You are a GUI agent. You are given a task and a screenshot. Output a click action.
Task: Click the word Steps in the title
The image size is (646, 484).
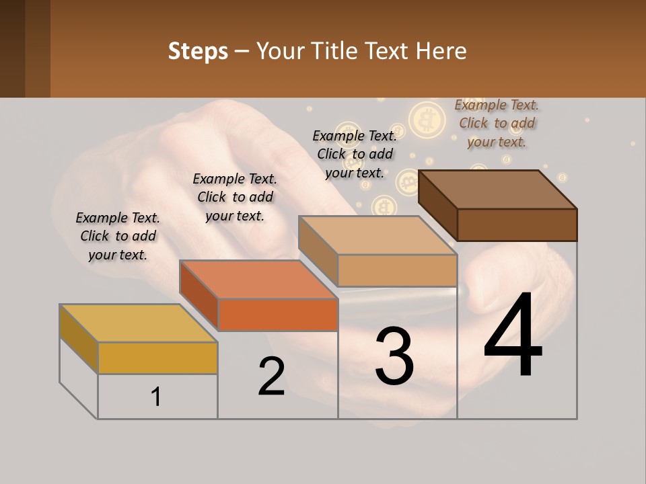(x=198, y=52)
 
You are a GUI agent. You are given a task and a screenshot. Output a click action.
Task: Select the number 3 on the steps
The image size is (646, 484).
(x=394, y=356)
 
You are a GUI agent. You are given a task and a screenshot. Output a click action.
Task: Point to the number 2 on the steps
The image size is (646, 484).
(x=271, y=376)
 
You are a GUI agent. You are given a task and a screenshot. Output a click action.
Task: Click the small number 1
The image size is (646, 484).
(x=156, y=397)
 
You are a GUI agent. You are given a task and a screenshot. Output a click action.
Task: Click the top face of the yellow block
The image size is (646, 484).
(x=138, y=323)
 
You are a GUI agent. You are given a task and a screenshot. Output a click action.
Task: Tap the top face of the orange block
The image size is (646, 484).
(x=258, y=280)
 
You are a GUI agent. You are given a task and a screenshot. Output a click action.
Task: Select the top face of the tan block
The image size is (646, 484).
(x=378, y=235)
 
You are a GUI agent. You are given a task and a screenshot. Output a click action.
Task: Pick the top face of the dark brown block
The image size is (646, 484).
(x=498, y=190)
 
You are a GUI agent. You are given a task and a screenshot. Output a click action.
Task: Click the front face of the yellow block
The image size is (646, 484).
(x=157, y=358)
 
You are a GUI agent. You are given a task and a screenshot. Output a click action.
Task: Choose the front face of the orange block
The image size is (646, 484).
(x=278, y=315)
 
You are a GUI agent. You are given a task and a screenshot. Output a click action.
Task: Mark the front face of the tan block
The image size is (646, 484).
(x=397, y=270)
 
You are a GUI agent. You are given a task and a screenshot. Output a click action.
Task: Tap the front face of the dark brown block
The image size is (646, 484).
(x=517, y=225)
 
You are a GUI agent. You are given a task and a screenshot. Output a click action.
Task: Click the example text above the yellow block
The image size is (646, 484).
(x=118, y=236)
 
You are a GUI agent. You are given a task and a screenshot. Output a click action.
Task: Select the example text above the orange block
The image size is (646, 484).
(x=235, y=197)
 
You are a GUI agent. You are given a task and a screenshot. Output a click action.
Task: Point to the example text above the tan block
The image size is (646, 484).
(x=355, y=154)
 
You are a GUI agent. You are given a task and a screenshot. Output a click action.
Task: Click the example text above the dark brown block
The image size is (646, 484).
(x=497, y=123)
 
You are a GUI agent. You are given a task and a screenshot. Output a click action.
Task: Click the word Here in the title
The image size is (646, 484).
(x=441, y=52)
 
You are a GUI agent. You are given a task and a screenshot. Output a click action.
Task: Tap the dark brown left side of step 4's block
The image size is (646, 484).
(x=437, y=205)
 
